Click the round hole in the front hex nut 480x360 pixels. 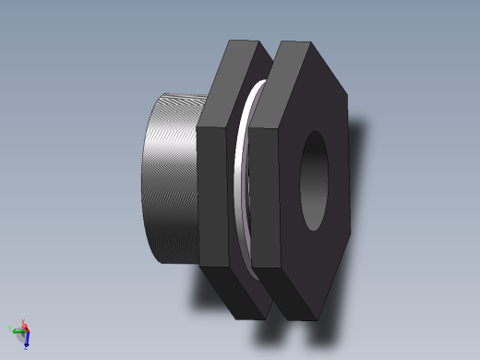314,181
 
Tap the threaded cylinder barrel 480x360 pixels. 171,175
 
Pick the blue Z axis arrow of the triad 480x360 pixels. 28,342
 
